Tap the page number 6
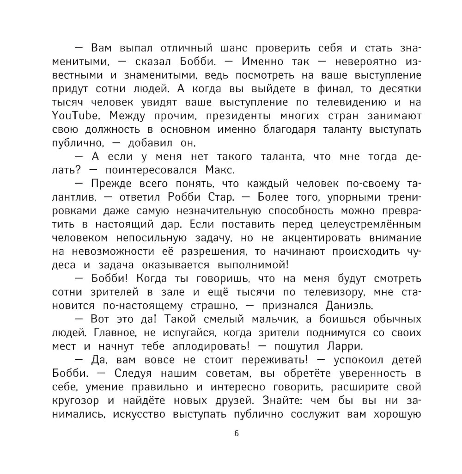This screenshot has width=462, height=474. point(237,433)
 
